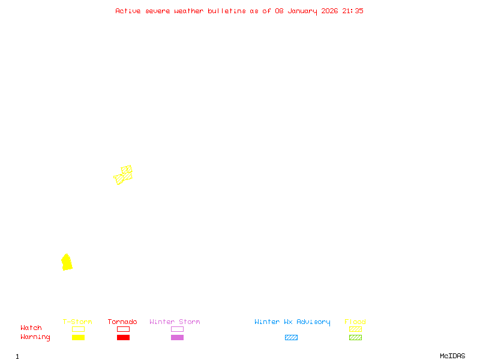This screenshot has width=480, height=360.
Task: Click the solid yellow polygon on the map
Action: [x=67, y=262]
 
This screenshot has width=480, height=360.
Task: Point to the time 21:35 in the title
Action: [x=353, y=11]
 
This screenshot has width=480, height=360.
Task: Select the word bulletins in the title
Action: [x=227, y=11]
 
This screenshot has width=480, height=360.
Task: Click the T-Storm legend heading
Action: [x=77, y=322]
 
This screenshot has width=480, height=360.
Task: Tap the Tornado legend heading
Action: [x=122, y=322]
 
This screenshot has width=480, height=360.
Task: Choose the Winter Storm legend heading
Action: [x=175, y=322]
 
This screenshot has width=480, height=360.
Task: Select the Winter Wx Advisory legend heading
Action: [x=292, y=322]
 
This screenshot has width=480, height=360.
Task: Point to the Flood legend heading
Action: [x=355, y=322]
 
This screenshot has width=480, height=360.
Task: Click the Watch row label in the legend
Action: [x=31, y=328]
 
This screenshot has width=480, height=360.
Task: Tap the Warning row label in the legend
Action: [x=35, y=337]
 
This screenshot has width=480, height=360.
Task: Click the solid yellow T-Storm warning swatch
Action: [x=78, y=337]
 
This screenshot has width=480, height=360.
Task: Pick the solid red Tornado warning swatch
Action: [x=123, y=337]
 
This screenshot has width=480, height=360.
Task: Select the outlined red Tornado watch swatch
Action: [x=123, y=329]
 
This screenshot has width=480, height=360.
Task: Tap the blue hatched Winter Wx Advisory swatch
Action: [x=291, y=337]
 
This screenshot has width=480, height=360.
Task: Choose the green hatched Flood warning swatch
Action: [x=355, y=337]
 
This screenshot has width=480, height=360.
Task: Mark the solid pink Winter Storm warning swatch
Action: [x=177, y=337]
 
